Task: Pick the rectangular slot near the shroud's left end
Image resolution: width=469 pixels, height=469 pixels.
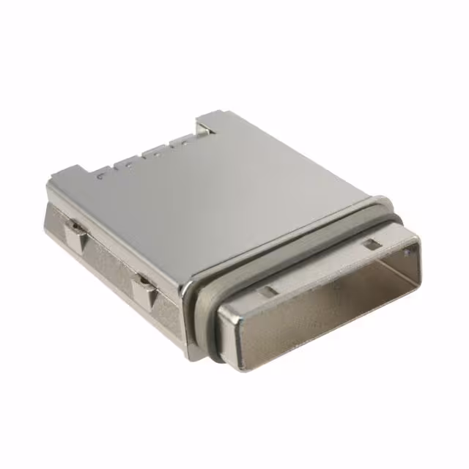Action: pos(269,290)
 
